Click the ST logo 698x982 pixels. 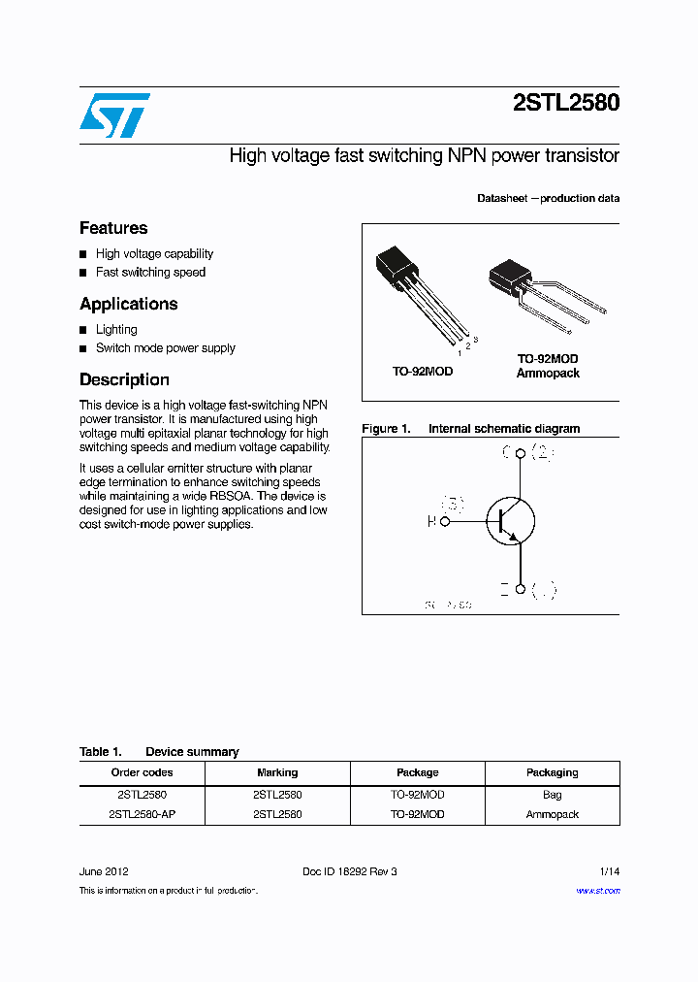pos(114,115)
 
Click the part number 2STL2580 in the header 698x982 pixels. pos(565,103)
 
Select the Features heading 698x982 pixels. pos(113,228)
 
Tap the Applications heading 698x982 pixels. pos(128,304)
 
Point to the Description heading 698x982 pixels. pos(124,379)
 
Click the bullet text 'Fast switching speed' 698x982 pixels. pos(150,273)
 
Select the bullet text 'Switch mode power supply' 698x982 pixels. pos(165,348)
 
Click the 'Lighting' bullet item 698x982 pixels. pos(116,330)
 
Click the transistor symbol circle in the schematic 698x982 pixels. pos(510,521)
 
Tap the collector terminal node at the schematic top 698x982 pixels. pos(521,453)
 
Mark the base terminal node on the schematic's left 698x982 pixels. pos(446,521)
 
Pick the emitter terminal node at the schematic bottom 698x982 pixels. pos(521,589)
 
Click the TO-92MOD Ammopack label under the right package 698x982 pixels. pos(548,366)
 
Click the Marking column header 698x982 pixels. pos(277,772)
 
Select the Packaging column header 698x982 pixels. pos(552,772)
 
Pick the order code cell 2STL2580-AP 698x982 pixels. pos(142,814)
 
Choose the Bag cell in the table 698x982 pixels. pos(552,794)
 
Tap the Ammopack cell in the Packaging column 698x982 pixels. pos(552,814)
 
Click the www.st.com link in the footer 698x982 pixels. pos(598,890)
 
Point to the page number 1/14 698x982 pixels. pos(608,871)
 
